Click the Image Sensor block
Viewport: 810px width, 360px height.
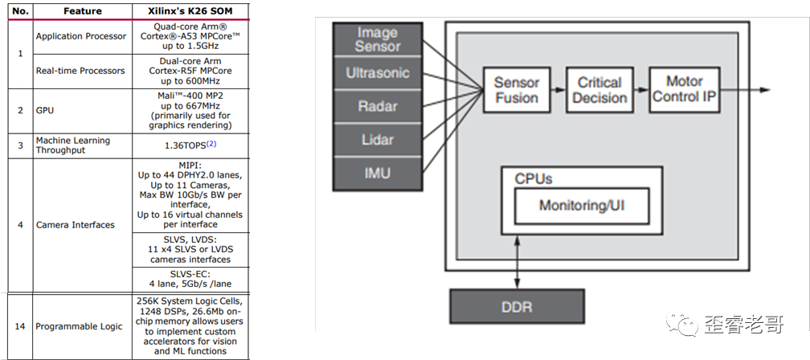click(377, 39)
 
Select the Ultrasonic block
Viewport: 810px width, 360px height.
click(377, 73)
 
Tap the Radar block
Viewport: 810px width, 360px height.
click(377, 106)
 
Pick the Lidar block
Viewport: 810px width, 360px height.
click(377, 140)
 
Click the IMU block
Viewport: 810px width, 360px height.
click(377, 172)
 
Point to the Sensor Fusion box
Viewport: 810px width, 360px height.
click(516, 90)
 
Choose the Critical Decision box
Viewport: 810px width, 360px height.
click(599, 90)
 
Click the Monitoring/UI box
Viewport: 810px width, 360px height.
click(582, 206)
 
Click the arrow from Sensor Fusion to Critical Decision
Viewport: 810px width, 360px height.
click(558, 90)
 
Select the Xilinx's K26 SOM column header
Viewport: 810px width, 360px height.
click(190, 11)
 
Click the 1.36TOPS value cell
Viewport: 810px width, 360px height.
click(190, 145)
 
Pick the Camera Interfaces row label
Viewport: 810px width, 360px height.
click(76, 225)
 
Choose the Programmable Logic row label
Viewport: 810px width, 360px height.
click(79, 326)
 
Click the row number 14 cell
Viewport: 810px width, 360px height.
click(20, 326)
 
